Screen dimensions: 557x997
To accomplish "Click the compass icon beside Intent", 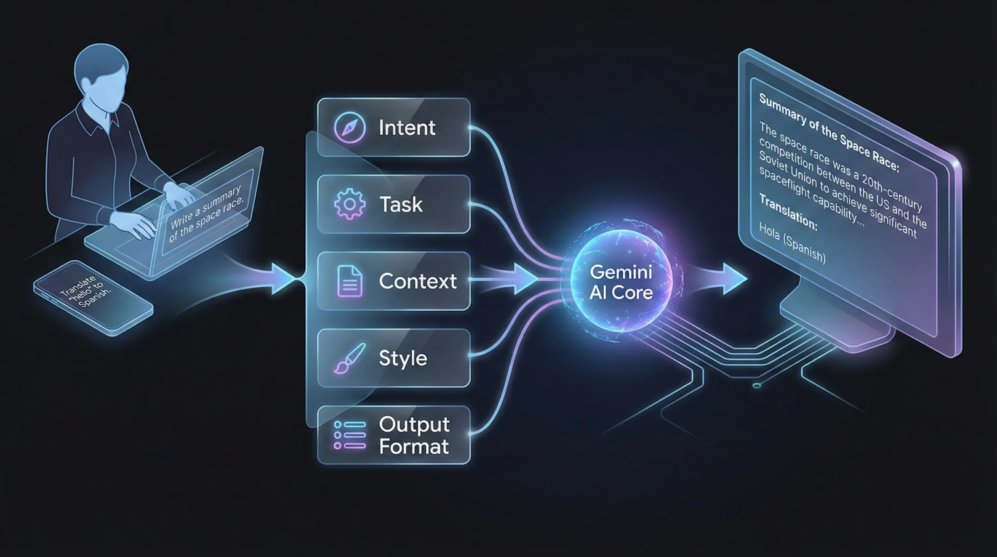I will [349, 127].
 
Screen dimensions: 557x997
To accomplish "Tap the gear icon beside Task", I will [349, 204].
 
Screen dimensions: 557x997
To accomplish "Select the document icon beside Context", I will [349, 281].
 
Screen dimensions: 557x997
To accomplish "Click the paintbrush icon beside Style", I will [349, 358].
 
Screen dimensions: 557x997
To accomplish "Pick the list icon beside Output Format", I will [349, 435].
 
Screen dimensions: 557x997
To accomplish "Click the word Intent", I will [407, 128].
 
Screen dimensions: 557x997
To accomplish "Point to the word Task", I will [401, 205].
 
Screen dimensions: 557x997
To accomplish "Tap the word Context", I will [417, 281].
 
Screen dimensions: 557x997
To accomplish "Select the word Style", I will [403, 358].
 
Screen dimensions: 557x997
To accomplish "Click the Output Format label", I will [414, 435].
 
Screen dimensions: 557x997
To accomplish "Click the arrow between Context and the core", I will [522, 279].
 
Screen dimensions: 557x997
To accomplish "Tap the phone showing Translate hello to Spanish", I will [93, 297].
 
